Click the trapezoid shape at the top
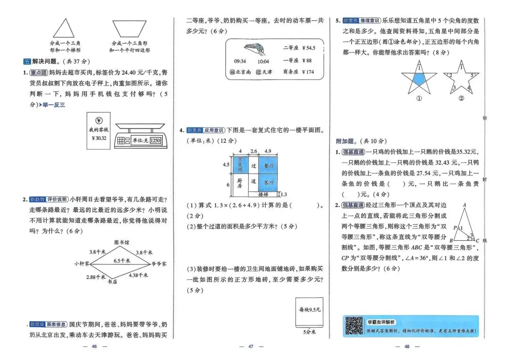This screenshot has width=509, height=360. (x=130, y=28)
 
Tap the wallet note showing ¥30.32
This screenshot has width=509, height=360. (x=98, y=131)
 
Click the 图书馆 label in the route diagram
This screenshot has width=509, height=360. (x=122, y=242)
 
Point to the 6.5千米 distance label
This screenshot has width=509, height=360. (x=122, y=260)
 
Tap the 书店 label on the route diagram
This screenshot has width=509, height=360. (x=112, y=282)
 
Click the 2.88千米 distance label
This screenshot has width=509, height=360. (x=96, y=277)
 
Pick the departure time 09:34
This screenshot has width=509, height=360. (x=240, y=61)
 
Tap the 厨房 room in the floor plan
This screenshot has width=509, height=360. (x=239, y=182)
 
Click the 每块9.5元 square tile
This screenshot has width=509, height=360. (x=309, y=312)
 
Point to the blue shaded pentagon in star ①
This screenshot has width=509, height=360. (x=419, y=79)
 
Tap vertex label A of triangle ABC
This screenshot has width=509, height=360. (x=464, y=205)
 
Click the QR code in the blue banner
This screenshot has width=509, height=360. (x=353, y=326)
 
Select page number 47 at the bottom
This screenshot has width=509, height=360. (x=251, y=347)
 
